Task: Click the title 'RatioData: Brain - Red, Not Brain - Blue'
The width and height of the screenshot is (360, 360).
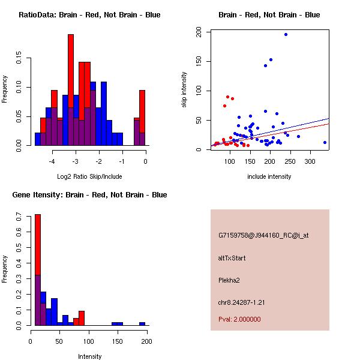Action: (x=89, y=15)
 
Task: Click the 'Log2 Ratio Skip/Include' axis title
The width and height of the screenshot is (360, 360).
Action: (x=89, y=176)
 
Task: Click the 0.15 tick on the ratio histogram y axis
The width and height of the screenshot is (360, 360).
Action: (x=20, y=59)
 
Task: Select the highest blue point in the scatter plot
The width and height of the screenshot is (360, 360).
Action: (x=286, y=34)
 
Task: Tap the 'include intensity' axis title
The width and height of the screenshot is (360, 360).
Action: (x=269, y=176)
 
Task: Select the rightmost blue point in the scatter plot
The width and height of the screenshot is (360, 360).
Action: (x=325, y=142)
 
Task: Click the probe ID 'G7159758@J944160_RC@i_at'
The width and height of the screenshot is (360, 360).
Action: (x=263, y=236)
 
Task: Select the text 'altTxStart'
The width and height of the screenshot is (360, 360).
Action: (x=232, y=258)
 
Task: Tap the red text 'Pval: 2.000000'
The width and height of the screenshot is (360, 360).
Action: (x=239, y=319)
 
